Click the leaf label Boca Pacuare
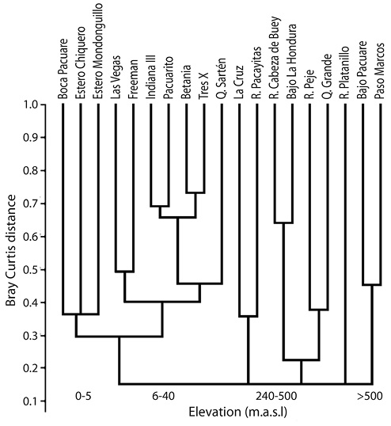pos(63,69)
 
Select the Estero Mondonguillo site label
pos(98,51)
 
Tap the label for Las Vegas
pos(115,77)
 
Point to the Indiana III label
pos(150,77)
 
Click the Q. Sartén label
pos(221,78)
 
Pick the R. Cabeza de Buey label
pos(274,57)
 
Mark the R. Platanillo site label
pos(344,73)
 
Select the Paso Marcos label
pos(380,71)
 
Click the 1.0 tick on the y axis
pos(31,105)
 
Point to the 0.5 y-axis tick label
pos(31,270)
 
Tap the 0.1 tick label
pos(31,401)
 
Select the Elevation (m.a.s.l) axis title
pos(238,412)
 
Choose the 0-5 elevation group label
pos(84,397)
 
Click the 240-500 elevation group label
pos(276,397)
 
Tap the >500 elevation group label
pos(370,397)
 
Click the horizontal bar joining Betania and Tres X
pos(195,192)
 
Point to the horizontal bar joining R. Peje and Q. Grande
pos(319,310)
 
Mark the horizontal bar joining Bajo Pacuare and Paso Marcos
pos(372,285)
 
